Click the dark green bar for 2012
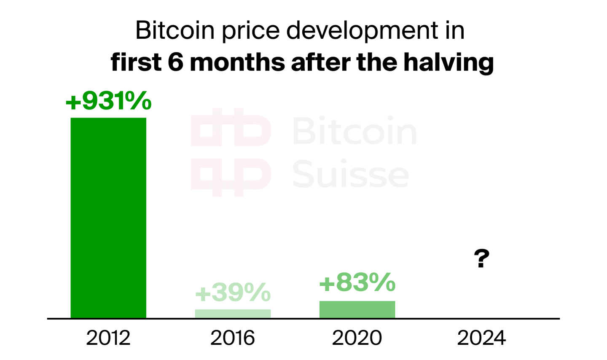pyautogui.click(x=108, y=218)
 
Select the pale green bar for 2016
pyautogui.click(x=233, y=314)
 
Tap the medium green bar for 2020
pyautogui.click(x=357, y=309)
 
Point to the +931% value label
pyautogui.click(x=108, y=101)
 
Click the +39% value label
pyautogui.click(x=233, y=293)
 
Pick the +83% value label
pyautogui.click(x=357, y=282)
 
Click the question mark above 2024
pyautogui.click(x=481, y=259)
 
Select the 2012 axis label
pyautogui.click(x=108, y=338)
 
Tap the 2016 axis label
pyautogui.click(x=233, y=338)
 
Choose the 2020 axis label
pyautogui.click(x=357, y=338)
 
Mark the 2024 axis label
pyautogui.click(x=481, y=338)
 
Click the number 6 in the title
pyautogui.click(x=176, y=63)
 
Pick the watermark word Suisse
pyautogui.click(x=351, y=174)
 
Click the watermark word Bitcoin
pyautogui.click(x=354, y=131)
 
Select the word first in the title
pyautogui.click(x=136, y=63)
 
